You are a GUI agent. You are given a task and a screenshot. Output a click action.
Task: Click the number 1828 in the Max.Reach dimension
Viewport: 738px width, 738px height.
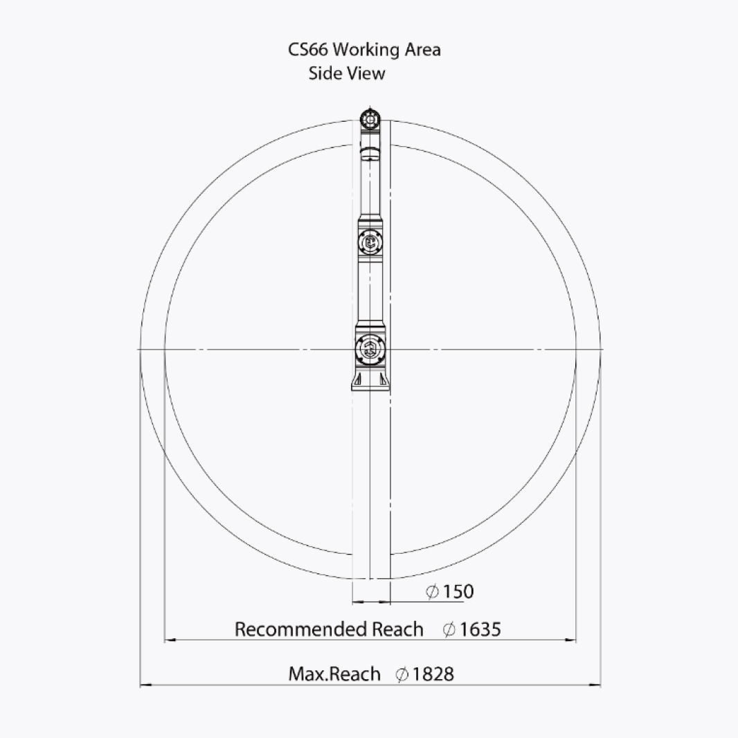coord(433,674)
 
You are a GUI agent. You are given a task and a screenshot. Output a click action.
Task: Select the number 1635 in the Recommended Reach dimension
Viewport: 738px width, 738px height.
coord(480,629)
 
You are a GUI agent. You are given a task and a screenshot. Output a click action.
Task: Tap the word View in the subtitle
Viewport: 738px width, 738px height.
coord(366,73)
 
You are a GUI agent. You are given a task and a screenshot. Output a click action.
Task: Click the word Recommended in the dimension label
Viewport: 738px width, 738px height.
coord(301,629)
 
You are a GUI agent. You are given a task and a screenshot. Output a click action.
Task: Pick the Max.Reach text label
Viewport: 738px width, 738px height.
coord(334,674)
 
